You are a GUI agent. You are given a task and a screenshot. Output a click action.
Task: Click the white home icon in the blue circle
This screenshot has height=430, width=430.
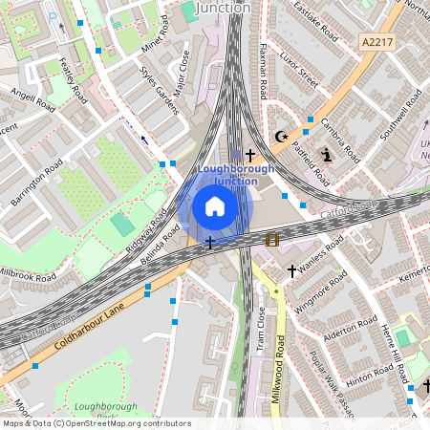point(215,206)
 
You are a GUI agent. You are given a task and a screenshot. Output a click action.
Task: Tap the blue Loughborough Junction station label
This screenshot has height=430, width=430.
point(235,175)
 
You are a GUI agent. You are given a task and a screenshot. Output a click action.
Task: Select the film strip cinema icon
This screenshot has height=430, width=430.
point(271,239)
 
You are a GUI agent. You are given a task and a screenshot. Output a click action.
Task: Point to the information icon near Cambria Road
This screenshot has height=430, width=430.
point(327,155)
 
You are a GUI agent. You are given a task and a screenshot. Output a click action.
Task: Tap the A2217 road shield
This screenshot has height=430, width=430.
point(377,41)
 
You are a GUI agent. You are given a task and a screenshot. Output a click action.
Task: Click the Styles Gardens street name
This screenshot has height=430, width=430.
point(159,91)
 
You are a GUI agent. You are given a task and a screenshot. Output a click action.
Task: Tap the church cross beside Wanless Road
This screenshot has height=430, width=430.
point(291,271)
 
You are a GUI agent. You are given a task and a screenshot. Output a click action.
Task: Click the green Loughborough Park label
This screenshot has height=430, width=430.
point(99,411)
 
